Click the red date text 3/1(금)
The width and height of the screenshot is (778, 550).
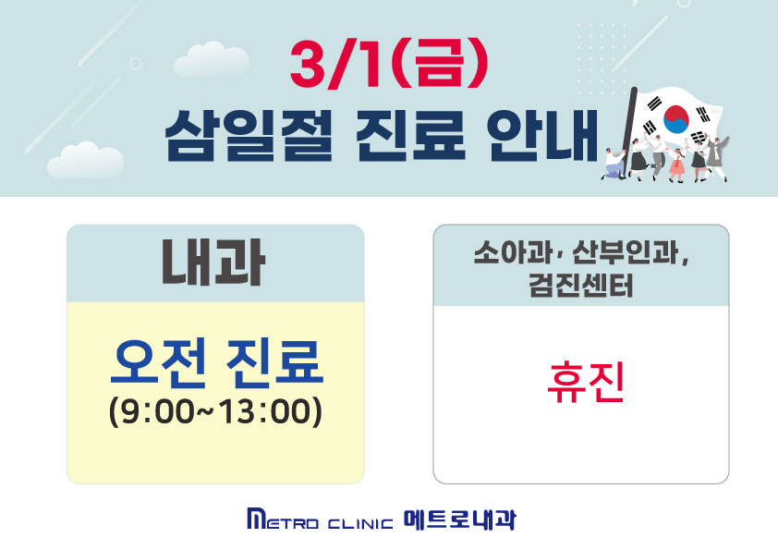pyautogui.click(x=389, y=65)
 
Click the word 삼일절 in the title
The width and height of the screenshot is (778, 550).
pyautogui.click(x=248, y=136)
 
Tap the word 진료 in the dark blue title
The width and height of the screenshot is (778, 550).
pyautogui.click(x=411, y=136)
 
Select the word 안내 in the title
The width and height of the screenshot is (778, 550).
pyautogui.click(x=542, y=136)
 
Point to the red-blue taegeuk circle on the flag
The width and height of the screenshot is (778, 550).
pyautogui.click(x=676, y=119)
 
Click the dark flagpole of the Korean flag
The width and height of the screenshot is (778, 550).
pyautogui.click(x=626, y=130)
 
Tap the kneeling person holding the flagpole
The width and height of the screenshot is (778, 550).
pyautogui.click(x=614, y=163)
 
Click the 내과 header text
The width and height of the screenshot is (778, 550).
pyautogui.click(x=213, y=263)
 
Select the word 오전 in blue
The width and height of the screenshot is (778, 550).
pyautogui.click(x=158, y=363)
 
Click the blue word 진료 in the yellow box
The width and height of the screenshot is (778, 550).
pyautogui.click(x=274, y=363)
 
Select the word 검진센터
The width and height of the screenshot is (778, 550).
pyautogui.click(x=581, y=286)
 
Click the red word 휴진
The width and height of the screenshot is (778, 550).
pyautogui.click(x=585, y=383)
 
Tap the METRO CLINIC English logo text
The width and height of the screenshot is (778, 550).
pyautogui.click(x=320, y=519)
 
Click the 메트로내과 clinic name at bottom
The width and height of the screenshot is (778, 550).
pyautogui.click(x=459, y=519)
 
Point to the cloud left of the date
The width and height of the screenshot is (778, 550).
pyautogui.click(x=212, y=59)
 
